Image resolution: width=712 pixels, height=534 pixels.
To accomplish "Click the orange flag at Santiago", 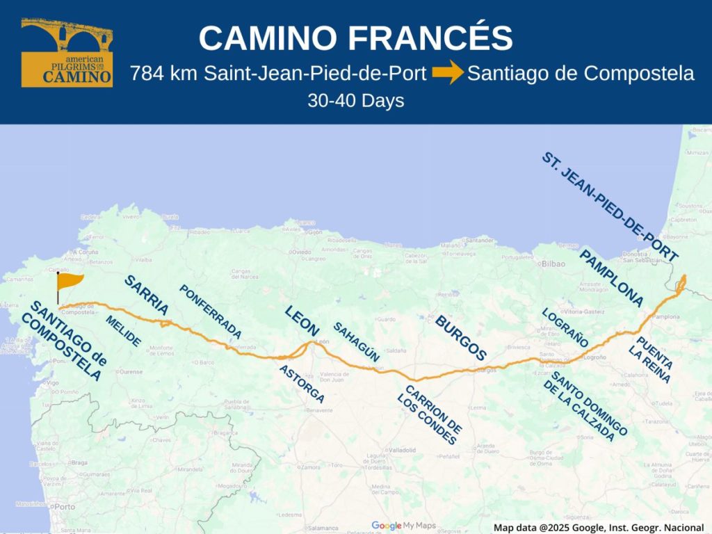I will (x=70, y=282).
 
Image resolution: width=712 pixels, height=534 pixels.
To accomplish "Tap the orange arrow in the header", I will (x=448, y=73).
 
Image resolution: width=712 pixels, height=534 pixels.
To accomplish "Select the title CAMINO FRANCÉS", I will (x=355, y=38).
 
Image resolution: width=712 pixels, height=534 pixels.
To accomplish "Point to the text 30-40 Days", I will (x=355, y=101).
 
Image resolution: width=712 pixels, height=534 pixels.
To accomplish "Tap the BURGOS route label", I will (x=460, y=338).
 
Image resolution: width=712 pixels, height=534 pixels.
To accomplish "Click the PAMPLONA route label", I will (x=611, y=278).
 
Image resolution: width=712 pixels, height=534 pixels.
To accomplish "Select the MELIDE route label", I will (x=123, y=332).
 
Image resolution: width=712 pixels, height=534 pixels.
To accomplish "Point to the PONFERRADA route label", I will (x=210, y=311).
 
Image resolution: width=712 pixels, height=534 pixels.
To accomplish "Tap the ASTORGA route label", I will (x=301, y=384).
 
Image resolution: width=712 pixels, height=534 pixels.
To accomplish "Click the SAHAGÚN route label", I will (x=356, y=341).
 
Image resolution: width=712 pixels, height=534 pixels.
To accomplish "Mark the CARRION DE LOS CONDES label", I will (x=429, y=414).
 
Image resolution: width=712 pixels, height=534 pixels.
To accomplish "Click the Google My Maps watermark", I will (x=403, y=526).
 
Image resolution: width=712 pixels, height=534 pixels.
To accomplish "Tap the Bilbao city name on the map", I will (x=553, y=264).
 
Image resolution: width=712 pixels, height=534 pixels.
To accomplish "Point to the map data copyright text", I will (x=599, y=528).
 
